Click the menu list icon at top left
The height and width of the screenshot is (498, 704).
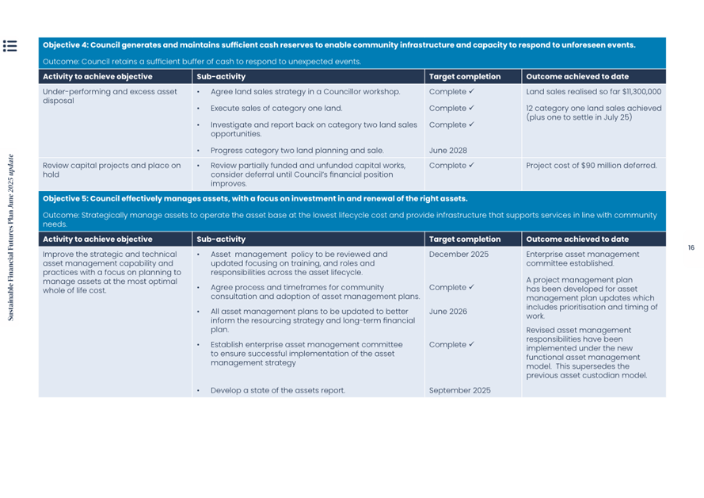point(10,46)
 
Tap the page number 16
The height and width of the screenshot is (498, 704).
point(691,248)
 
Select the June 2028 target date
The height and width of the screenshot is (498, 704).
point(448,150)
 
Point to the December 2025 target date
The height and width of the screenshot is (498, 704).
point(459,255)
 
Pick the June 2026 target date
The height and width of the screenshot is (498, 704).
point(448,312)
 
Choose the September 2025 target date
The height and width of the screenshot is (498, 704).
point(459,390)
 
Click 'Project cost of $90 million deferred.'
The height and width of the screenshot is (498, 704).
point(591,166)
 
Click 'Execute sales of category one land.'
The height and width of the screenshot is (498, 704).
point(276,108)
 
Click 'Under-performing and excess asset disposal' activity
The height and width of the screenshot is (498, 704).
point(109,96)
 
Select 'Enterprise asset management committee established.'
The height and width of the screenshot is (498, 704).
point(582,259)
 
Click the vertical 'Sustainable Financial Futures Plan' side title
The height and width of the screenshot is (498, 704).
point(10,238)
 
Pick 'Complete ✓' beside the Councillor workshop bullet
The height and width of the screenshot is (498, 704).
point(451,92)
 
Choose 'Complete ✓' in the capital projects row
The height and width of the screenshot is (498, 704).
point(451,166)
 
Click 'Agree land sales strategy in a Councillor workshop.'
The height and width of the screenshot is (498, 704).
point(305,92)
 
